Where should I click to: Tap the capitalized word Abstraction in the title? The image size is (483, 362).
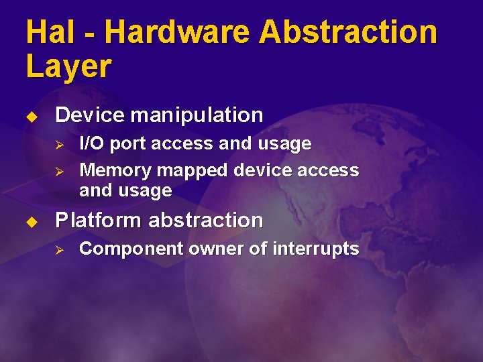pos(348,32)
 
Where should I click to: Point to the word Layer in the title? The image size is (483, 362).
pos(68,67)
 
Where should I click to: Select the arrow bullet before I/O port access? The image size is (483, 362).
pos(59,144)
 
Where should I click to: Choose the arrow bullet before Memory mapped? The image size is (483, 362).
pos(59,171)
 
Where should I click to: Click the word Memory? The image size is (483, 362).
pos(113,171)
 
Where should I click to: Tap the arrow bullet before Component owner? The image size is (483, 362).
pos(59,249)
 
